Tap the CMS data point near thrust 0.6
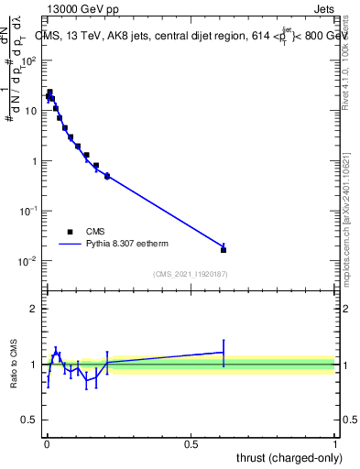coord(224,249)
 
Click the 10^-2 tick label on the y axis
coord(27,261)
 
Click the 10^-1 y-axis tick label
coord(27,211)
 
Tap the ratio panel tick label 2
coord(34,309)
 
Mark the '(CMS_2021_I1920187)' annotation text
coord(191,273)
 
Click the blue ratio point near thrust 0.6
coord(224,352)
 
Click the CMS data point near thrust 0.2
coord(107,176)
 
